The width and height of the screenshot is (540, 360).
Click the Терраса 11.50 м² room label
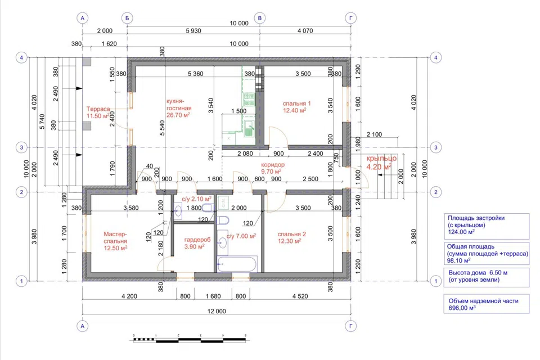point(98,112)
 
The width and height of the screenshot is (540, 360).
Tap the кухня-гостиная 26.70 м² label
point(178,108)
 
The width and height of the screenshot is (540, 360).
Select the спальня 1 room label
point(296,107)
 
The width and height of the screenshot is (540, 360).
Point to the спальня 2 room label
point(292,238)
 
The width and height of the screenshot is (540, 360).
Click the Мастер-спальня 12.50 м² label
point(115,241)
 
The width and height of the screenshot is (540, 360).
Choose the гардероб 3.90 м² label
point(197,243)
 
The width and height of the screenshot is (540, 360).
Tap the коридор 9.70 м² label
point(273,168)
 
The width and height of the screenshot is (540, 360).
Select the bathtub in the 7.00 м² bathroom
point(237,264)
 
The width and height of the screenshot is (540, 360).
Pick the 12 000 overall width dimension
point(217,311)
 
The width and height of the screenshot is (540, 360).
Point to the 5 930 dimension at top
point(193,31)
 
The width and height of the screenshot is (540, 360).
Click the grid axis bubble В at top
point(260,18)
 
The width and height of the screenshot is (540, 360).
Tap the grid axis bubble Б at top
point(127,18)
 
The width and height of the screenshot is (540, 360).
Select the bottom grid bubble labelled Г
point(350,326)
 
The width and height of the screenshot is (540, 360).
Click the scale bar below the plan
point(190,340)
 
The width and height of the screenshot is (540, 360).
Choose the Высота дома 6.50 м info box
point(486,277)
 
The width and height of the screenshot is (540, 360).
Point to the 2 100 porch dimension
point(375,134)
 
